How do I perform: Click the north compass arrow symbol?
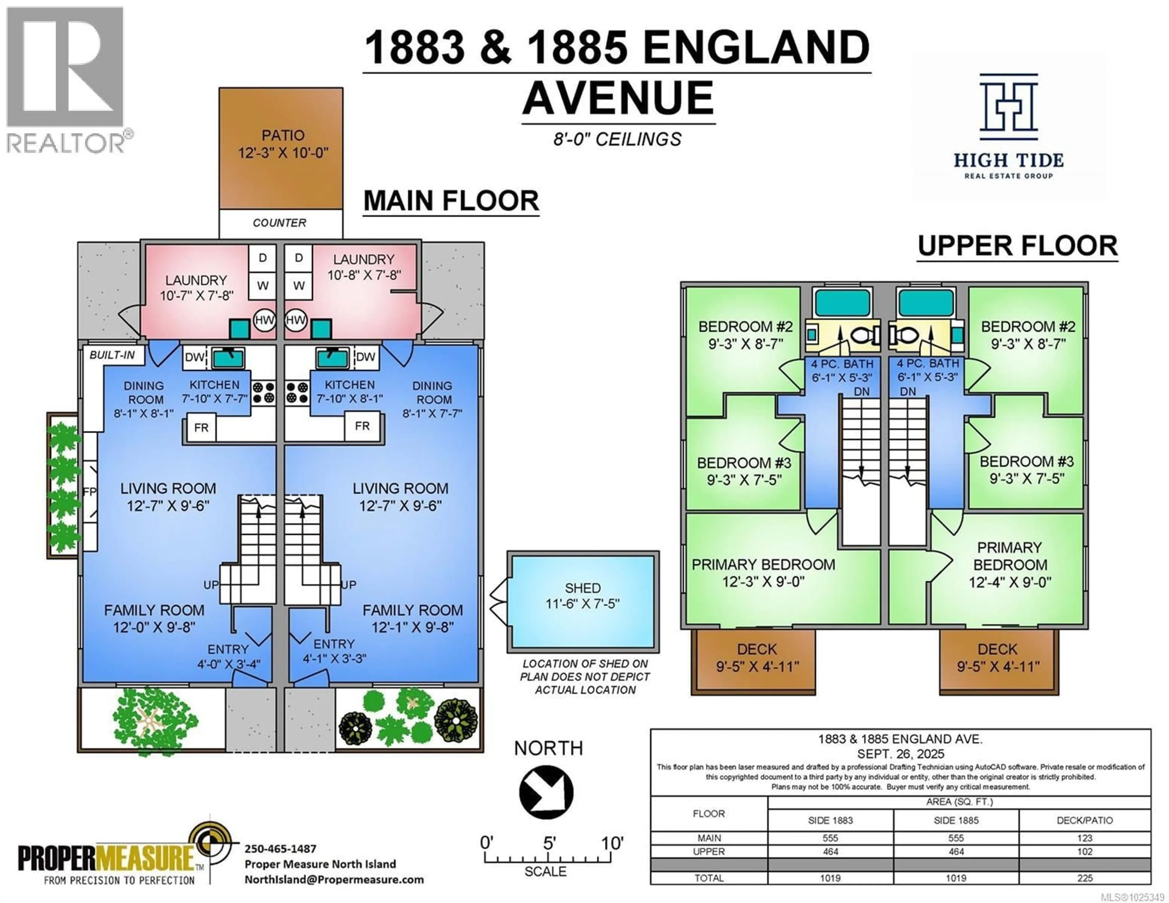point(546,792)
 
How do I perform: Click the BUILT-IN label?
point(112,355)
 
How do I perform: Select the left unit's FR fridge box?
point(201,428)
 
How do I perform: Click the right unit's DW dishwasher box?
point(366,357)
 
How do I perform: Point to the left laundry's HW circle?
point(264,320)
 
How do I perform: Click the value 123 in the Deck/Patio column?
point(1084,838)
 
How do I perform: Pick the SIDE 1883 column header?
point(830,820)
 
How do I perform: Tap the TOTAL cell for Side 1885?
point(956,878)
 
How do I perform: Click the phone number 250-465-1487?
point(280,849)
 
